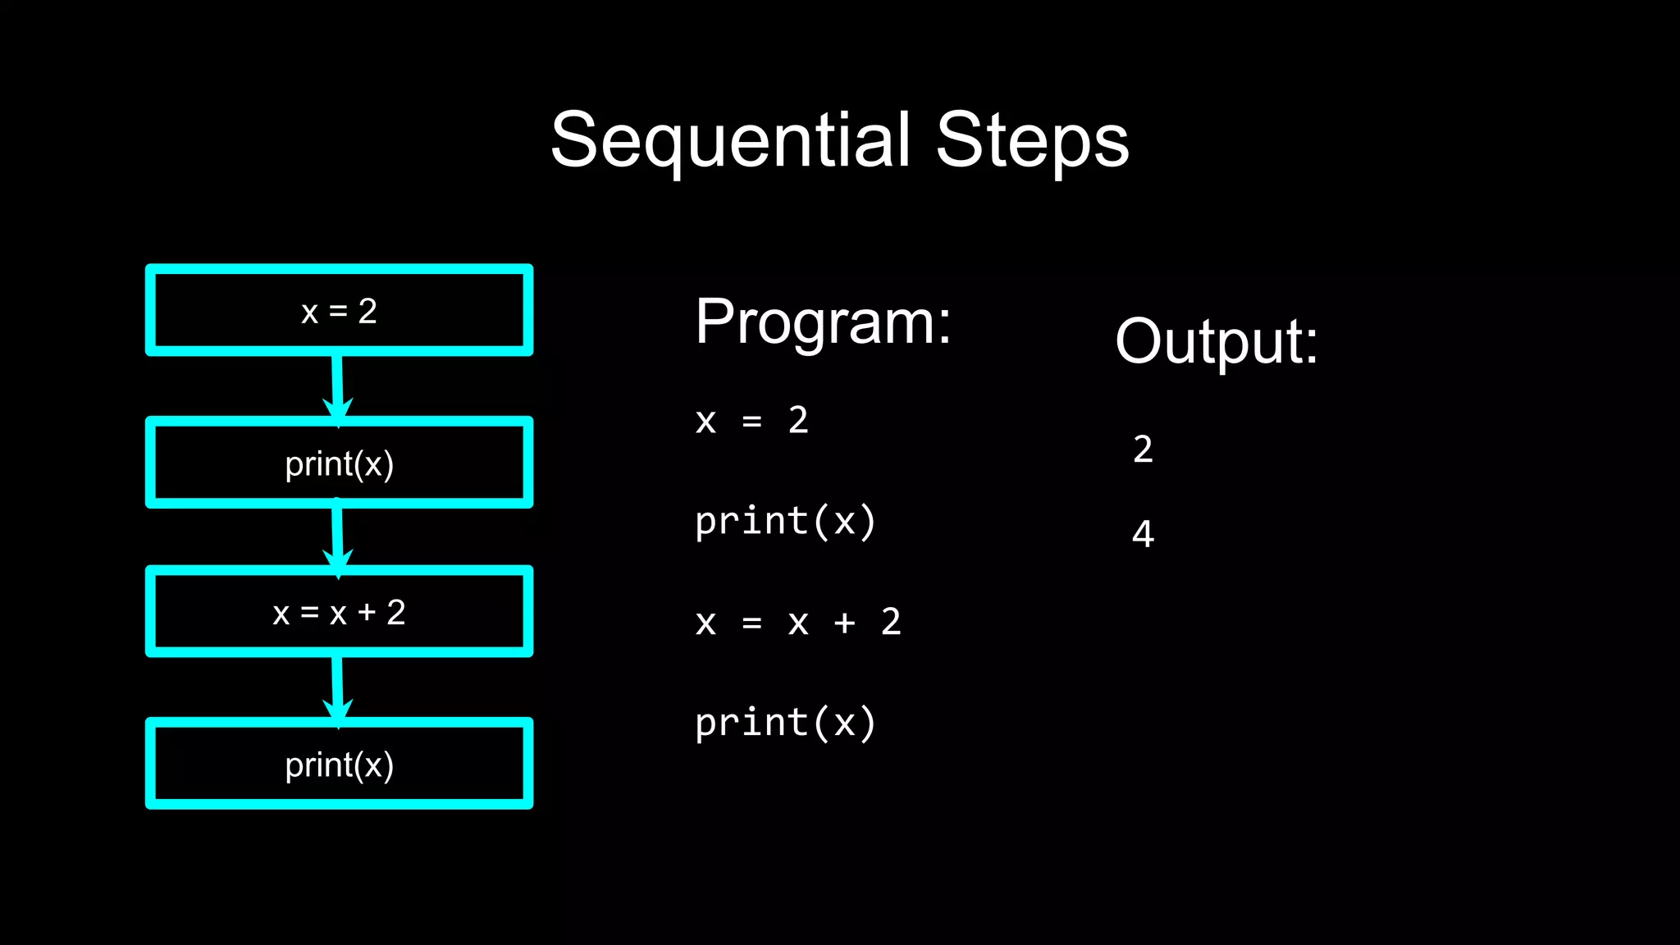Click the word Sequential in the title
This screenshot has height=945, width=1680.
pos(730,141)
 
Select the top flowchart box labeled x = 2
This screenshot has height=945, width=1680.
pos(339,311)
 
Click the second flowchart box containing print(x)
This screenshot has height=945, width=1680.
pos(339,463)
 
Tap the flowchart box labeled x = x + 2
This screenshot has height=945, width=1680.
pos(339,613)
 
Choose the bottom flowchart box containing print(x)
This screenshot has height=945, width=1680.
pos(339,765)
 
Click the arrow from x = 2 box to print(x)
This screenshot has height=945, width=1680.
pos(337,386)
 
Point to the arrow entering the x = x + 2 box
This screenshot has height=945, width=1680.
pos(337,537)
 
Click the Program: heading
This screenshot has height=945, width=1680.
pos(823,322)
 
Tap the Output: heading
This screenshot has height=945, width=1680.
pos(1216,342)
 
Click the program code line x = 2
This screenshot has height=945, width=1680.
pos(751,421)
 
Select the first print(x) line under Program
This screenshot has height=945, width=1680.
pos(785,522)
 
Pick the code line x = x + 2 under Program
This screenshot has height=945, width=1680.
pos(797,623)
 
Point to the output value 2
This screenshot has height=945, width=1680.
pos(1143,450)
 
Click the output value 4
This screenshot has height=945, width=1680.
pos(1143,534)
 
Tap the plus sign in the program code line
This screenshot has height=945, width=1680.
pos(844,623)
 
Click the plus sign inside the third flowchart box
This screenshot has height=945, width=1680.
pos(367,613)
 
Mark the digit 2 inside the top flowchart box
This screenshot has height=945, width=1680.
pos(367,312)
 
